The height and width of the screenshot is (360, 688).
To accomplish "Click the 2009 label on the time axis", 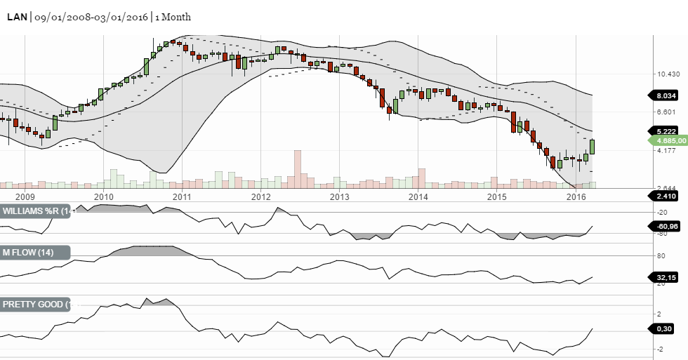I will (x=25, y=196).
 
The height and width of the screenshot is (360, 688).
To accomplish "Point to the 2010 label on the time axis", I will (x=103, y=196).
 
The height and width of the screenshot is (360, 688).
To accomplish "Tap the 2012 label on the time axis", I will (x=260, y=196).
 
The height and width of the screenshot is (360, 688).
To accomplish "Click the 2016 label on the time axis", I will (x=575, y=196).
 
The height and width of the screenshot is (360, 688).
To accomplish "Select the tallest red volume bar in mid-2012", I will (x=298, y=168).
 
